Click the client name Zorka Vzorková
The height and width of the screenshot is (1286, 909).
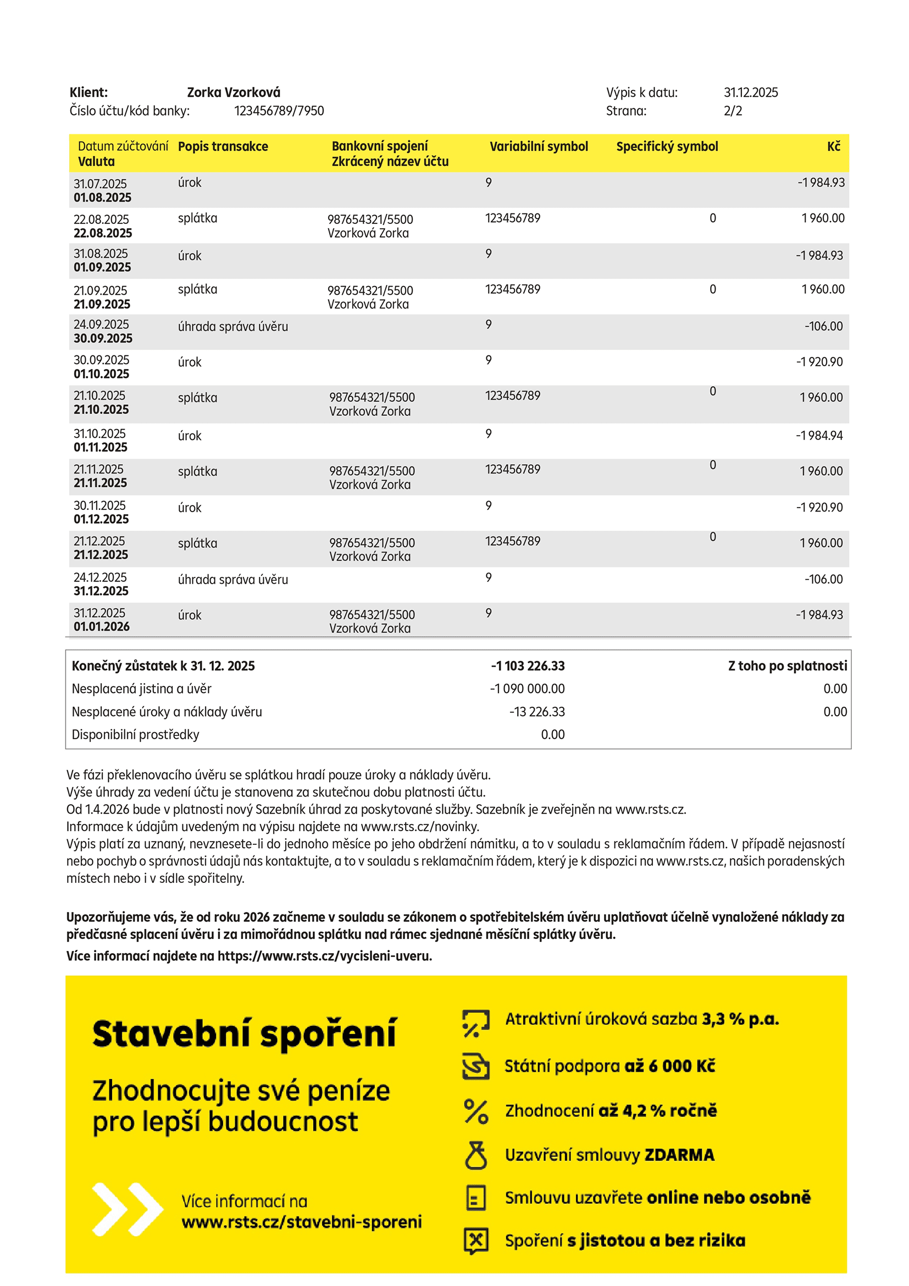(x=234, y=92)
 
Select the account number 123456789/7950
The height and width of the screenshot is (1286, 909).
(x=279, y=111)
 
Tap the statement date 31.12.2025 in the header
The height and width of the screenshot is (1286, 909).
(x=751, y=92)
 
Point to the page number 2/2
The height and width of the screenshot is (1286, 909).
(x=733, y=111)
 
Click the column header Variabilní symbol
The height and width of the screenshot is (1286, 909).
(x=539, y=147)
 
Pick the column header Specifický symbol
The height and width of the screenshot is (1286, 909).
(x=667, y=147)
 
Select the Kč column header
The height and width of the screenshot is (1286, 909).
(x=834, y=147)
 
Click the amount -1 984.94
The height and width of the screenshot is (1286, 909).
(x=819, y=436)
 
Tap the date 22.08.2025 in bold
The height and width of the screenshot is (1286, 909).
(x=103, y=234)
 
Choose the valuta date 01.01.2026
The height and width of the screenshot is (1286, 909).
(x=101, y=626)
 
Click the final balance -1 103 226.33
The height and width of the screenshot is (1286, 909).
(x=527, y=666)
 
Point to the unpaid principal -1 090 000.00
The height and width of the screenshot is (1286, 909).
(x=526, y=689)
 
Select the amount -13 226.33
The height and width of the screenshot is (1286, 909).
(x=537, y=712)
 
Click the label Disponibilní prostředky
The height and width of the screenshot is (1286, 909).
(x=135, y=735)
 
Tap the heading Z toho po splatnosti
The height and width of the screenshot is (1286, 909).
(x=787, y=666)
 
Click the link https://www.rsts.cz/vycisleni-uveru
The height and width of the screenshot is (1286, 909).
(x=325, y=956)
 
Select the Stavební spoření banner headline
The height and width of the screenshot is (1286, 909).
(x=245, y=1034)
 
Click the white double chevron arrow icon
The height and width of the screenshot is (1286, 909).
(x=127, y=1209)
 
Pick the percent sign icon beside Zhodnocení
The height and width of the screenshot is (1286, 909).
(x=476, y=1112)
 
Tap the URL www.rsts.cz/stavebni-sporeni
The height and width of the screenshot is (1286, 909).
(x=302, y=1222)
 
